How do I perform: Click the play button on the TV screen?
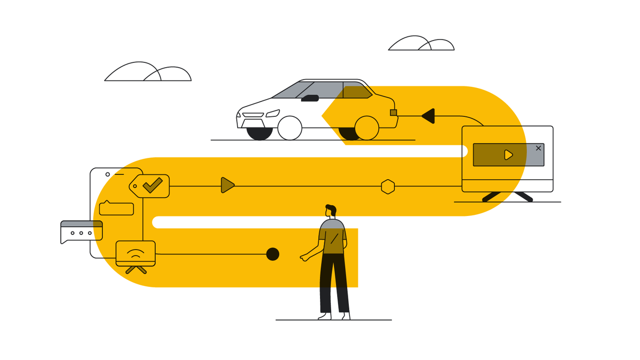click(x=508, y=155)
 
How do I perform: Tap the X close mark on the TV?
click(x=538, y=148)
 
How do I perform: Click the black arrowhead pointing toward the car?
click(x=428, y=116)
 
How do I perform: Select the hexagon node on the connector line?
click(x=388, y=187)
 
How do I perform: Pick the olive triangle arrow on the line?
click(x=227, y=185)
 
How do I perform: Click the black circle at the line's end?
click(x=273, y=254)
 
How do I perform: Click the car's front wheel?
click(x=290, y=128)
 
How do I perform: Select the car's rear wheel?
click(x=366, y=128)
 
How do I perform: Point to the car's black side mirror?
click(x=310, y=98)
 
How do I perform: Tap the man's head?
click(x=331, y=211)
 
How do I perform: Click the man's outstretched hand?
click(x=305, y=258)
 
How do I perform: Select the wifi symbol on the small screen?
click(x=135, y=252)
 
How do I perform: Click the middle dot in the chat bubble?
click(x=81, y=233)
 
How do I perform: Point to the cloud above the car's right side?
click(x=421, y=44)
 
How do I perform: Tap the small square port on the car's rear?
click(x=394, y=113)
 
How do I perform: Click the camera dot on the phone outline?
click(x=108, y=174)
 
